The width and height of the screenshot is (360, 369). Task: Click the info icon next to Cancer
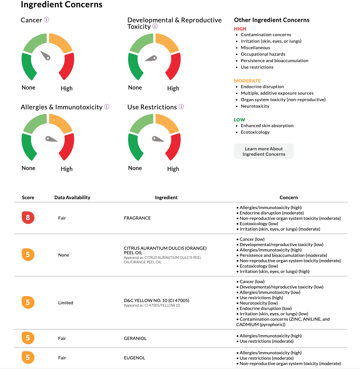tap(47, 20)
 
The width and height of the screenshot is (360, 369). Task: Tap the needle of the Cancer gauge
tap(45, 55)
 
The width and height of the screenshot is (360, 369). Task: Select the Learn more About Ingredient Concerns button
tap(264, 151)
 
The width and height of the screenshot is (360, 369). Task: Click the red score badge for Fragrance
tap(28, 218)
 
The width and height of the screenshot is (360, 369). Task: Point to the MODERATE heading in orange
tap(247, 81)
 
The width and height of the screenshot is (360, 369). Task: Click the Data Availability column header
tap(72, 197)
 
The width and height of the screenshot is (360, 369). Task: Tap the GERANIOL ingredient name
tap(135, 338)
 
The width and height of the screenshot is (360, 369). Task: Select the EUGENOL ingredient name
tap(135, 358)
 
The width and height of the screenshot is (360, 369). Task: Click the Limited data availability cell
tap(66, 303)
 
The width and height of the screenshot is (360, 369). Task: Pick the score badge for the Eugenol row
tap(28, 357)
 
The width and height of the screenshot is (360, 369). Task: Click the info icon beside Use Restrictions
tap(181, 107)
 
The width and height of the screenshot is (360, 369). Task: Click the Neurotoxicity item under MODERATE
tap(255, 106)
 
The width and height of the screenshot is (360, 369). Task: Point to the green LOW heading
tap(239, 120)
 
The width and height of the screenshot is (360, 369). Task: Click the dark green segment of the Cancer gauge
tap(28, 66)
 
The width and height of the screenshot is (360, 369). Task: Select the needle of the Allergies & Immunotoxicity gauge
tap(51, 139)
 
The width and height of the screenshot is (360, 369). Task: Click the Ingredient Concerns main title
tap(62, 5)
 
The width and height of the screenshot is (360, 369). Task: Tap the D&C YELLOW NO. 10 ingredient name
tap(157, 300)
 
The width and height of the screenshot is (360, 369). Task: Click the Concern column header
tap(289, 197)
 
